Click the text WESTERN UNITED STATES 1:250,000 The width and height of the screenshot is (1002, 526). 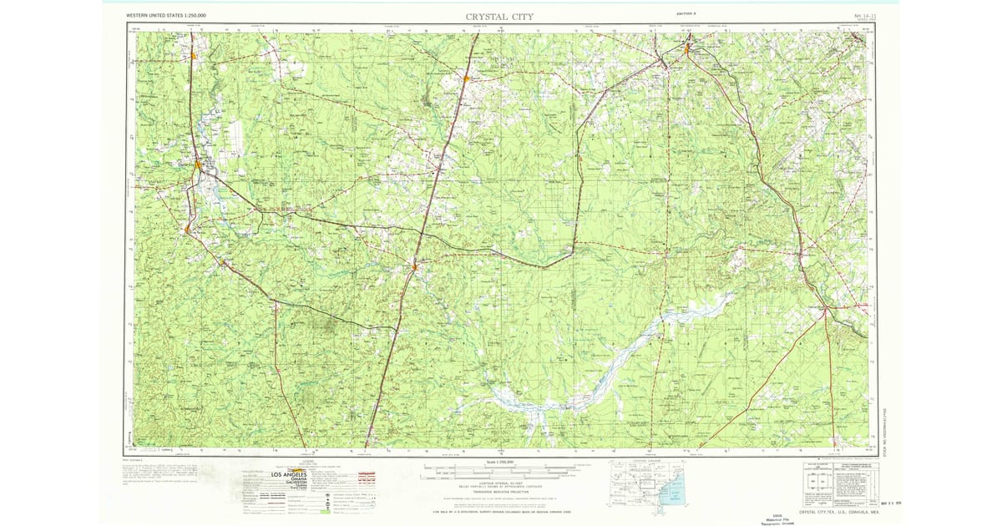pos(166,16)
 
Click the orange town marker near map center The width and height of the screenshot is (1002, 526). pos(415,267)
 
